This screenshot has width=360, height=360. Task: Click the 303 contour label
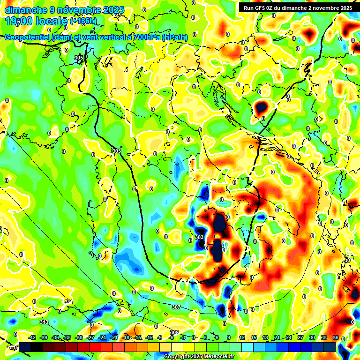199,238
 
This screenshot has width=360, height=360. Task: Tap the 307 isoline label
176,307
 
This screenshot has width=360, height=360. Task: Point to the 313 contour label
44,322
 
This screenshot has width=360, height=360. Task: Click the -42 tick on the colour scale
32,337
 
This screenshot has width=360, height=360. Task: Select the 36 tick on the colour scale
336,337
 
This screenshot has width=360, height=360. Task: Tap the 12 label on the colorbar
241,337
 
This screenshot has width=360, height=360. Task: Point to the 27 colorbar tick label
300,337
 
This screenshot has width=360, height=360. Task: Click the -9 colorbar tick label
160,337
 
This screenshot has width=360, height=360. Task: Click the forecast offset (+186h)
83,21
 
